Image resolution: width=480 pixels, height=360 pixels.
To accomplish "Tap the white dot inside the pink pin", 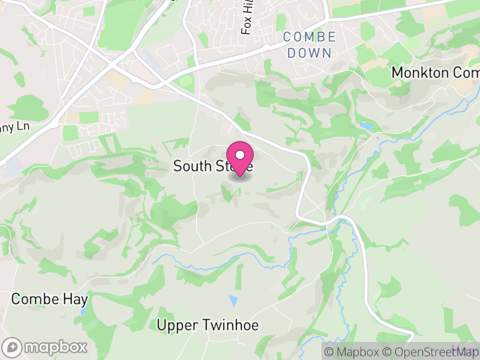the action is [240, 155].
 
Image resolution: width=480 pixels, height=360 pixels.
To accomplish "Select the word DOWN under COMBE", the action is [309, 53].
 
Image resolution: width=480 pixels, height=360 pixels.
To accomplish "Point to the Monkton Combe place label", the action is [434, 73].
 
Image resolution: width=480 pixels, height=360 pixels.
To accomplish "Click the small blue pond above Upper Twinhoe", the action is [233, 301].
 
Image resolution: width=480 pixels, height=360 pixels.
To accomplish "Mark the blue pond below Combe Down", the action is [365, 127].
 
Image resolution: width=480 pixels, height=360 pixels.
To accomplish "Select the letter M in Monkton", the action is [397, 73].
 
